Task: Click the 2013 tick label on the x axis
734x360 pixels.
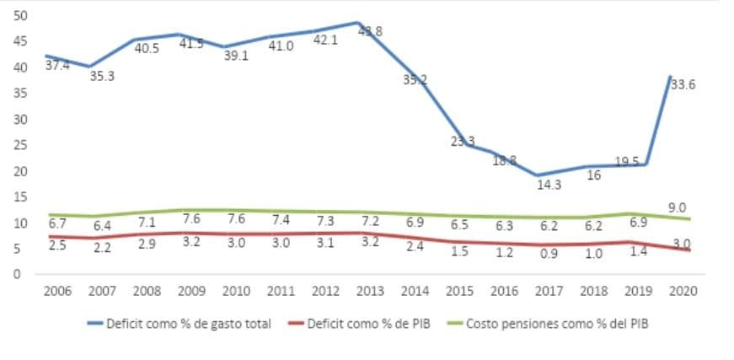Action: pos(370,292)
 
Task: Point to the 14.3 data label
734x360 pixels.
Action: pos(549,184)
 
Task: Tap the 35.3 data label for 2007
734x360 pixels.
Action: pos(103,76)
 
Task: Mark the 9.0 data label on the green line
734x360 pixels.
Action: pos(677,207)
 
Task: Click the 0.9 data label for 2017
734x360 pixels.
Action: pos(549,254)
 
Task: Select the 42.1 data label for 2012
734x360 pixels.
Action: pos(325,40)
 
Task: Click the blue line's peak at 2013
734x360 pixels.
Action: pos(356,23)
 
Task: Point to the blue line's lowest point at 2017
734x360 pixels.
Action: pos(536,175)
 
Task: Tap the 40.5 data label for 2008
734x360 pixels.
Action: pos(147,48)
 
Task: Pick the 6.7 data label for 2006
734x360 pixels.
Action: pos(57,224)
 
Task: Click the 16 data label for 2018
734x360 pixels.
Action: pos(592,175)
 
